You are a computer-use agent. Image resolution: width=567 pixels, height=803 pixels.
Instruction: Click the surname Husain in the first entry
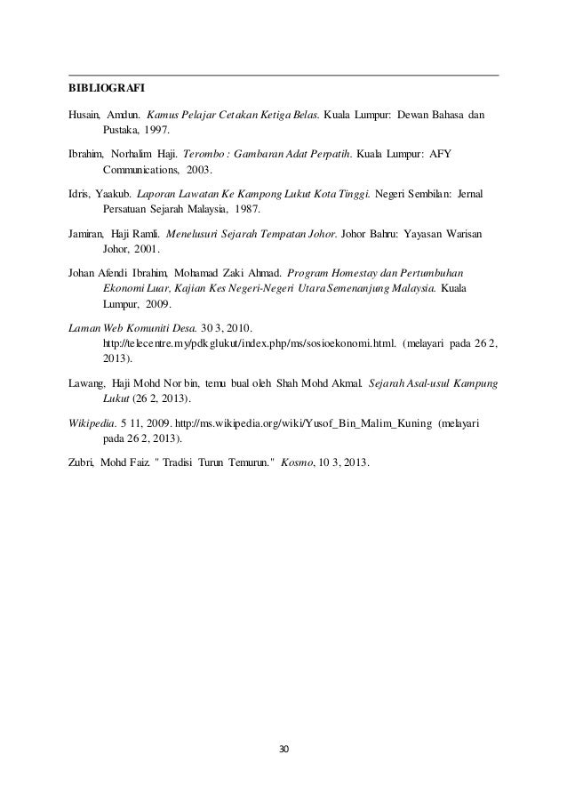tap(84, 116)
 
